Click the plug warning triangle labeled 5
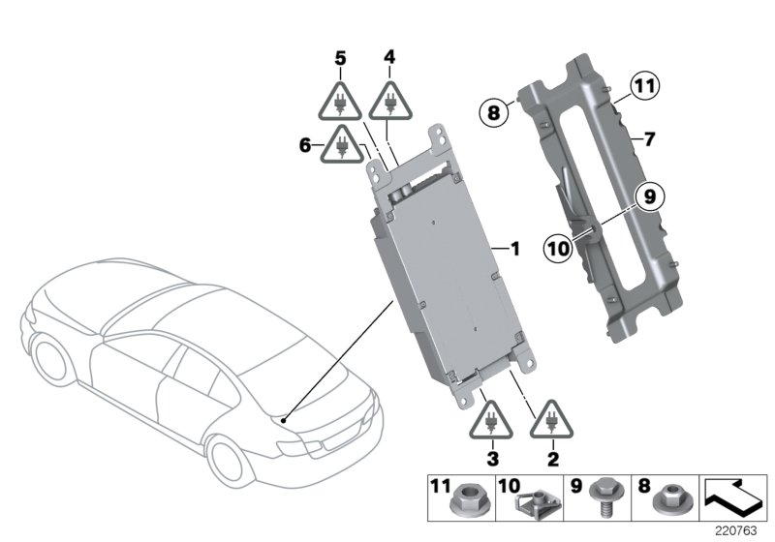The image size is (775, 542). click(x=341, y=103)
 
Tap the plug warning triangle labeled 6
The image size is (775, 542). click(x=342, y=146)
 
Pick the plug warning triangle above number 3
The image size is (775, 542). click(x=491, y=422)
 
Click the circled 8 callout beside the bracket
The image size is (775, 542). click(x=493, y=113)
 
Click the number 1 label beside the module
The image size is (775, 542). click(x=514, y=249)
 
